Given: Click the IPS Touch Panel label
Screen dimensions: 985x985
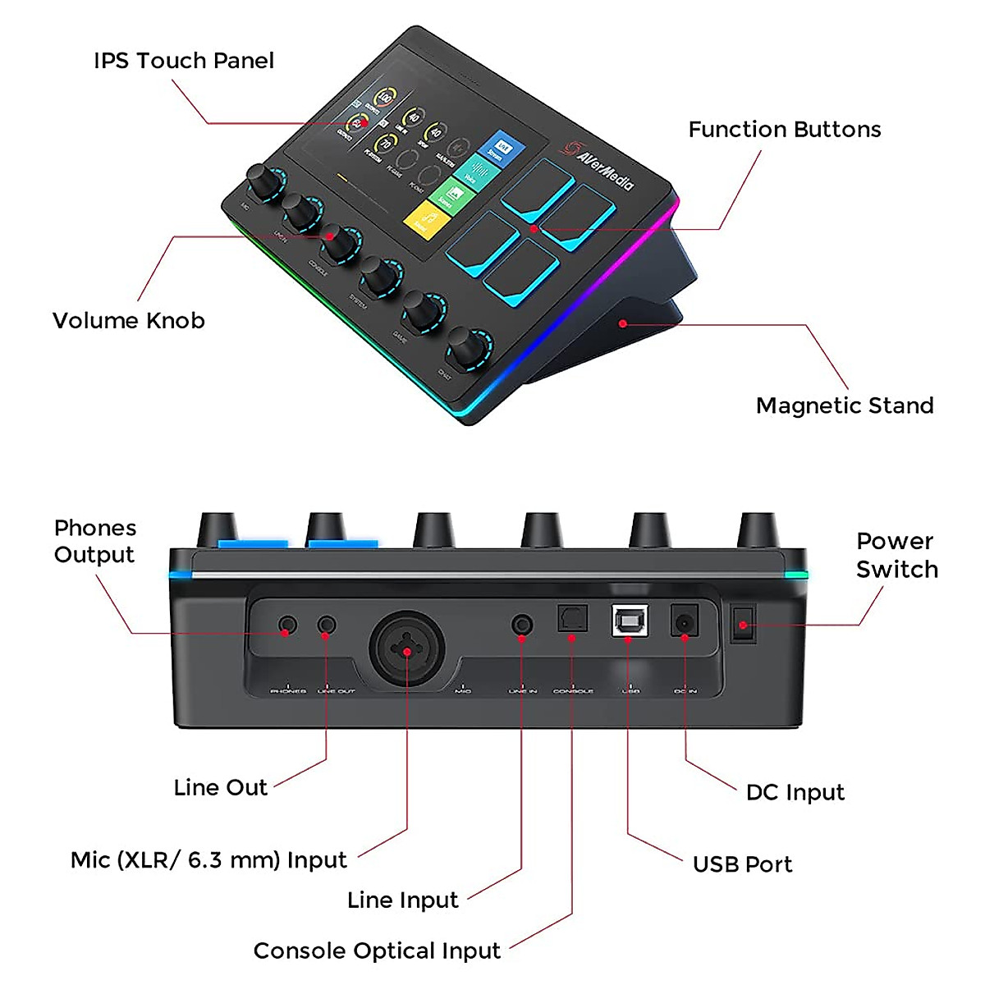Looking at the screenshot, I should point(183,61).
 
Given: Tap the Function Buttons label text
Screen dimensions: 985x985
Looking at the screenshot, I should point(784,130).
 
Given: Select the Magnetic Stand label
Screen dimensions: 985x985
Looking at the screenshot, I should point(844,405).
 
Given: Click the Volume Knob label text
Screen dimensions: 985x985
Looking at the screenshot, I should point(128,321).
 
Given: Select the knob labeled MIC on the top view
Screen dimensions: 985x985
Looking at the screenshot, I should point(263,183).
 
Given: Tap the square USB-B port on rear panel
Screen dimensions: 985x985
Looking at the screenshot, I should point(630,621).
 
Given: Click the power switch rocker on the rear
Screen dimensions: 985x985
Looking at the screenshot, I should point(743,625).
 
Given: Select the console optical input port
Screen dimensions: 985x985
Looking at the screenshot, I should point(572,618).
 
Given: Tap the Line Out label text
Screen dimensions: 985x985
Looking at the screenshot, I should point(220,788).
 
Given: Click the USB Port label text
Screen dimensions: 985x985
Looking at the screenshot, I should point(742,864).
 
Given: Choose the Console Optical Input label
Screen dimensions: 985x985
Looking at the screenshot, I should point(377,951).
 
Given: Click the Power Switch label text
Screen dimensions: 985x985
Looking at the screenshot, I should point(896,556).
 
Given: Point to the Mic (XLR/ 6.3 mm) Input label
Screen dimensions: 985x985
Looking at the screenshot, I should point(208,860).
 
